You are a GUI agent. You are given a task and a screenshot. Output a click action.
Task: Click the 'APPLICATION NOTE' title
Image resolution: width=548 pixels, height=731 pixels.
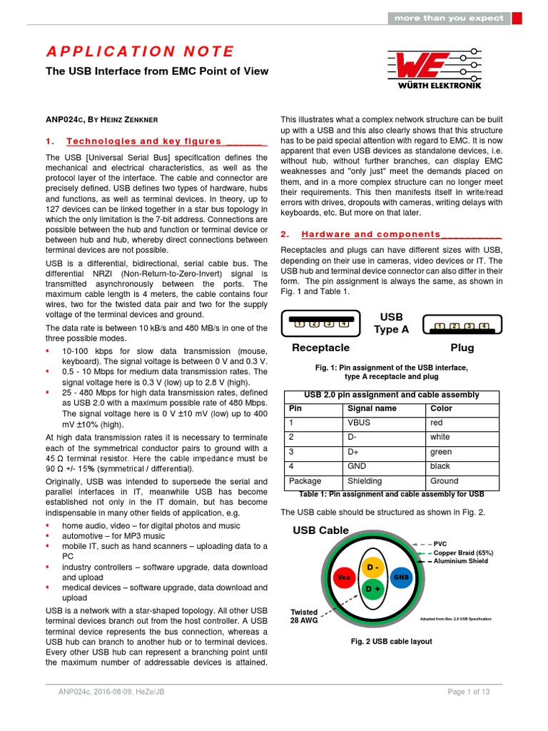[x=141, y=51]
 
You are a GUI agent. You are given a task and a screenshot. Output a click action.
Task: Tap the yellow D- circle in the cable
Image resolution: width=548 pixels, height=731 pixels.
[x=372, y=568]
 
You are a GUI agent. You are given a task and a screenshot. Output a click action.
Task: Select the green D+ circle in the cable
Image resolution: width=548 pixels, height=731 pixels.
[x=372, y=589]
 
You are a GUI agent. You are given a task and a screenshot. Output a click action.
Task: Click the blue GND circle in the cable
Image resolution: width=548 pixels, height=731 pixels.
[x=402, y=575]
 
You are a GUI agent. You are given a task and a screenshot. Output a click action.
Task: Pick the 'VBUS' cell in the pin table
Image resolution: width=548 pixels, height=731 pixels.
[x=359, y=423]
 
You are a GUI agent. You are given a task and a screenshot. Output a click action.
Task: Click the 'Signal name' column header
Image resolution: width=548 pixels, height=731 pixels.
[x=370, y=408]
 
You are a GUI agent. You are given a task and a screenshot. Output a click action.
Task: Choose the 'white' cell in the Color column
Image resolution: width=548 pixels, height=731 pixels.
[x=440, y=437]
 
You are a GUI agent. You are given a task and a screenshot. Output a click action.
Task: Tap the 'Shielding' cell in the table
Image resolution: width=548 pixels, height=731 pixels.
[x=365, y=481]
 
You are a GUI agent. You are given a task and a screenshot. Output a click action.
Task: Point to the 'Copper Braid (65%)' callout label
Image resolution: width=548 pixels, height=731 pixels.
[x=463, y=553]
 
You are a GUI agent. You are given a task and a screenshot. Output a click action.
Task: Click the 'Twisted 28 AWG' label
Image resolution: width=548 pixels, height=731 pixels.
[x=304, y=617]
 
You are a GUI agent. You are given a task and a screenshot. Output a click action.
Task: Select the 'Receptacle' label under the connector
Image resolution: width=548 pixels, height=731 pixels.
[x=320, y=348]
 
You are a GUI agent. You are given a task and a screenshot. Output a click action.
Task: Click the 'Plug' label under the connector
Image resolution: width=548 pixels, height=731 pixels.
[x=461, y=348]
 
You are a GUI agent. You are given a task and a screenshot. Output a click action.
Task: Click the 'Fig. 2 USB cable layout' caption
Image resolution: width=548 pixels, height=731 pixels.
[x=391, y=641]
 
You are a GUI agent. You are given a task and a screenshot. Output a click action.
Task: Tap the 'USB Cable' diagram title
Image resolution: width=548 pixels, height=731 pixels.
[x=320, y=530]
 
